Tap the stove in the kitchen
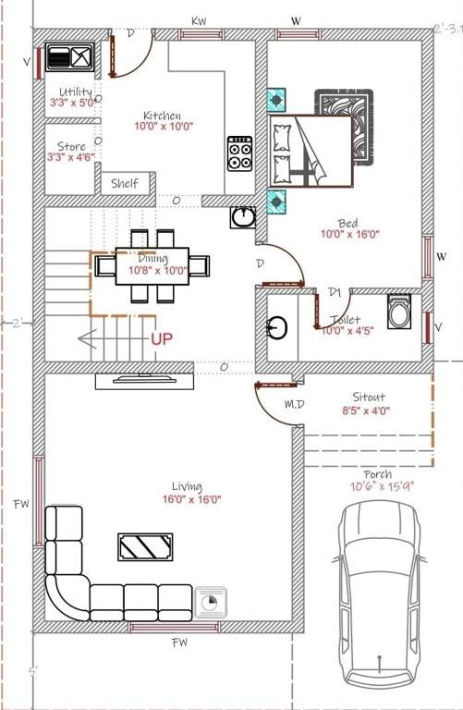pyautogui.click(x=239, y=153)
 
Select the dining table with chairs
pyautogui.click(x=152, y=265)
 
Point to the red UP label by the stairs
pyautogui.click(x=162, y=339)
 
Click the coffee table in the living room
pyautogui.click(x=144, y=546)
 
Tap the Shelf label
pyautogui.click(x=125, y=184)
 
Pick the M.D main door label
pyautogui.click(x=295, y=404)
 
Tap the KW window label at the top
pyautogui.click(x=198, y=19)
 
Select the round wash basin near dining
pyautogui.click(x=243, y=217)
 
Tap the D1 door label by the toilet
pyautogui.click(x=335, y=292)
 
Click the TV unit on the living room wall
pyautogui.click(x=143, y=378)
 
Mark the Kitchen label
pyautogui.click(x=161, y=115)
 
